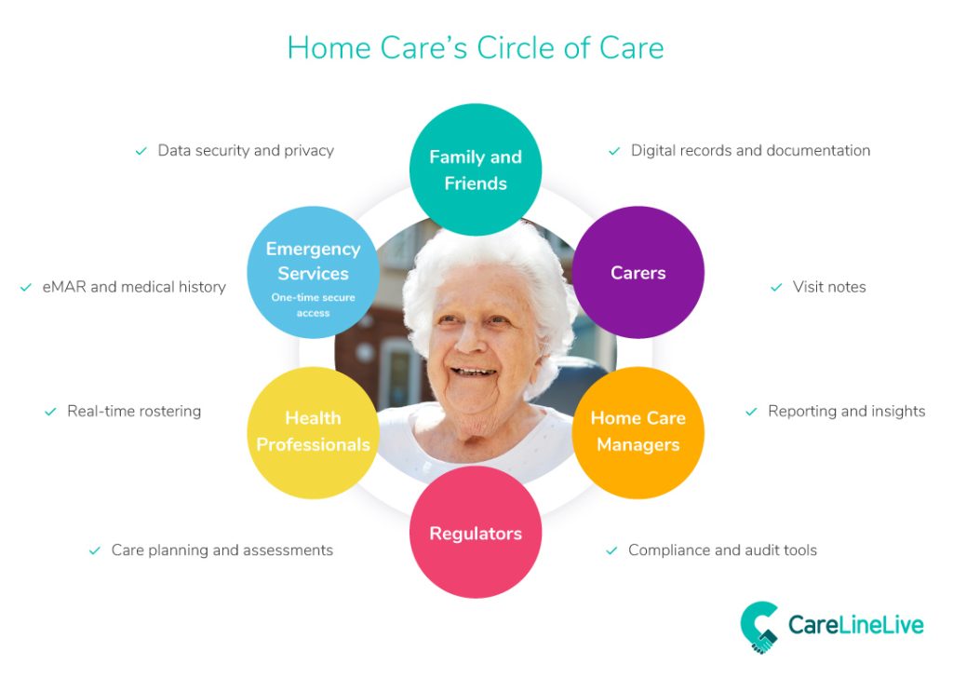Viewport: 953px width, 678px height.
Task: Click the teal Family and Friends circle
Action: tap(476, 169)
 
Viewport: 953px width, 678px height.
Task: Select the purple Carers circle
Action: tap(638, 272)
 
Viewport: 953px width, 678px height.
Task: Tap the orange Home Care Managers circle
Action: tap(638, 432)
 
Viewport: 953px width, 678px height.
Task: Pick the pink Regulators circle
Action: tap(476, 532)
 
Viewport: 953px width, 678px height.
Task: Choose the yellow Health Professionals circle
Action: tap(313, 432)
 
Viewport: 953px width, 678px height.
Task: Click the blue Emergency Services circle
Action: tap(313, 272)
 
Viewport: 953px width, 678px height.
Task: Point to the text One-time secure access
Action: tap(313, 305)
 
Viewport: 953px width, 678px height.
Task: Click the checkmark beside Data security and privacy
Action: tap(141, 151)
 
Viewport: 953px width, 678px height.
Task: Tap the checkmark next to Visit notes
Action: tap(776, 287)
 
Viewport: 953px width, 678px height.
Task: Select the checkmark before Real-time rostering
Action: tap(50, 412)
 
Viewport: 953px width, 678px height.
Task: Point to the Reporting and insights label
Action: tap(847, 412)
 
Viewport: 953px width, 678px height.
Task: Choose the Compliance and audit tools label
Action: tap(722, 550)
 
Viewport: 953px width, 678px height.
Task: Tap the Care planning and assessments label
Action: tap(221, 550)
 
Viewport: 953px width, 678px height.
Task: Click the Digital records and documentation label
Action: tap(751, 150)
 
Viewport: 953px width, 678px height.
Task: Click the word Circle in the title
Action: tap(516, 48)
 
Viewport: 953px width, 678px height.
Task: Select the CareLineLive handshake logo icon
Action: tap(759, 628)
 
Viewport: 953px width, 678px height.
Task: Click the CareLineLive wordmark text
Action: tap(856, 625)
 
